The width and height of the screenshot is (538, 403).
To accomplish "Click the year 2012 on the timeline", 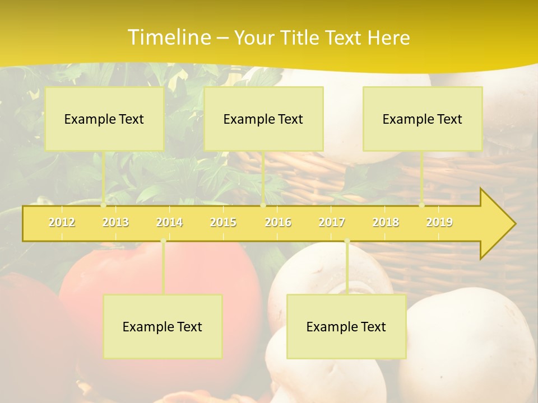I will (62, 222).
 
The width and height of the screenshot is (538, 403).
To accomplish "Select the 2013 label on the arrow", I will (115, 222).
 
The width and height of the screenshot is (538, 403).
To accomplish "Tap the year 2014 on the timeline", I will (169, 222).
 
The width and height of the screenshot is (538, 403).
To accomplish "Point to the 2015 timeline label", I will (223, 222).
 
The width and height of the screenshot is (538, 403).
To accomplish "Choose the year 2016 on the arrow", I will (278, 222).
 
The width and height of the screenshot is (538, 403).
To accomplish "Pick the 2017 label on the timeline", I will (332, 222).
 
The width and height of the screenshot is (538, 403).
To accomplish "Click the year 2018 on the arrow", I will (386, 222).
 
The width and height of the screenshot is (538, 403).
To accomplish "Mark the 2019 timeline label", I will (439, 222).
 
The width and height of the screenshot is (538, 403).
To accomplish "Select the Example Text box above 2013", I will (104, 119).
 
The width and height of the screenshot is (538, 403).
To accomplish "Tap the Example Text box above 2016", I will (263, 119).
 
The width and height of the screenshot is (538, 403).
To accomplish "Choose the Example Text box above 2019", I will (423, 119).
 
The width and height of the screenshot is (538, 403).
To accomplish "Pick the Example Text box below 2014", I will (163, 326).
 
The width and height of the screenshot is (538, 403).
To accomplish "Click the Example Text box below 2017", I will (346, 326).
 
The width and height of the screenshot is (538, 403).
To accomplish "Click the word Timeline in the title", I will (168, 38).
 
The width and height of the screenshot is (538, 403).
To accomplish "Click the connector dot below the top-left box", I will (104, 205).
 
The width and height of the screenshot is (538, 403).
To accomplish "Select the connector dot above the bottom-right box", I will (347, 241).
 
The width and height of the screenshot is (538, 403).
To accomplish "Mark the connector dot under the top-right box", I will (422, 205).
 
